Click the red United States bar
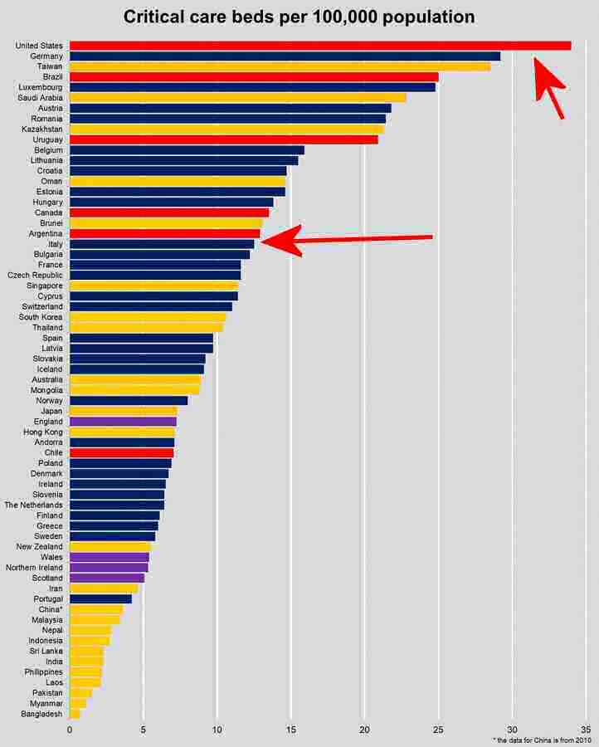point(319,46)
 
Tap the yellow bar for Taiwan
point(280,66)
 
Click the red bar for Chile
point(121,453)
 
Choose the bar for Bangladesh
point(75,714)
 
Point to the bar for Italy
point(162,244)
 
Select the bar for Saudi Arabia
point(237,98)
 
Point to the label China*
point(51,609)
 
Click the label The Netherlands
point(33,505)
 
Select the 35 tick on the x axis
point(586,730)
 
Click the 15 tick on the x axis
point(290,730)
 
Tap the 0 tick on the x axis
point(70,730)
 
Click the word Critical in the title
point(158,17)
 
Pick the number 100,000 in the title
point(345,17)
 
